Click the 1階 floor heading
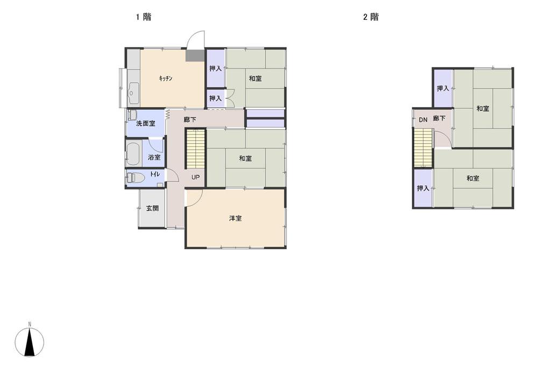143,17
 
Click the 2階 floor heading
371,17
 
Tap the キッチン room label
165,79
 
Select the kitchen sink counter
133,94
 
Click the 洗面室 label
145,123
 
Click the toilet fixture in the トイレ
136,177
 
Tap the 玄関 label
152,208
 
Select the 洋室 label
235,218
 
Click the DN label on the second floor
423,119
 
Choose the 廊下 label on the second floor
439,118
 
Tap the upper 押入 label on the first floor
215,68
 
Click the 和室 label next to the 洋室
245,158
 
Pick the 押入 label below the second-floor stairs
423,188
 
